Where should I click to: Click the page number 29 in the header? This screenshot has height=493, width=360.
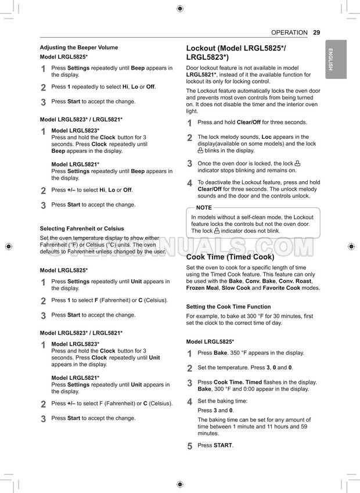pyautogui.click(x=316, y=33)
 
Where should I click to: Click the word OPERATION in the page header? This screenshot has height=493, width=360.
pyautogui.click(x=289, y=33)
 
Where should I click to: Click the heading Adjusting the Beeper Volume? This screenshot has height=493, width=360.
pyautogui.click(x=78, y=48)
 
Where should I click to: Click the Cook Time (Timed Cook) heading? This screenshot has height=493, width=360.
pyautogui.click(x=230, y=257)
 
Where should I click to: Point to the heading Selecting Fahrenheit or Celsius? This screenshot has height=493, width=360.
pyautogui.click(x=82, y=229)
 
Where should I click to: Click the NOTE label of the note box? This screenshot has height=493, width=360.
pyautogui.click(x=204, y=208)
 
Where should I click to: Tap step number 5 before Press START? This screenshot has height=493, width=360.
pyautogui.click(x=189, y=446)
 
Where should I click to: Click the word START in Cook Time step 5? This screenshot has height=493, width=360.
pyautogui.click(x=224, y=445)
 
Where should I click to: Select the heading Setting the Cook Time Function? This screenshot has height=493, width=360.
pyautogui.click(x=228, y=307)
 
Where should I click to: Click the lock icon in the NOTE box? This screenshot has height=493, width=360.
pyautogui.click(x=217, y=231)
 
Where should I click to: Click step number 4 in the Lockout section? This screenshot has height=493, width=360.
pyautogui.click(x=189, y=183)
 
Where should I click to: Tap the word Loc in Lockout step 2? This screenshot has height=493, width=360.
pyautogui.click(x=267, y=137)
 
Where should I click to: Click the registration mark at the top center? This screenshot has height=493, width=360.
pyautogui.click(x=179, y=8)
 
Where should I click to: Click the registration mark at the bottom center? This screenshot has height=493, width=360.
pyautogui.click(x=179, y=484)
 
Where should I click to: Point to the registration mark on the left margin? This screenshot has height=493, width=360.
pyautogui.click(x=8, y=246)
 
